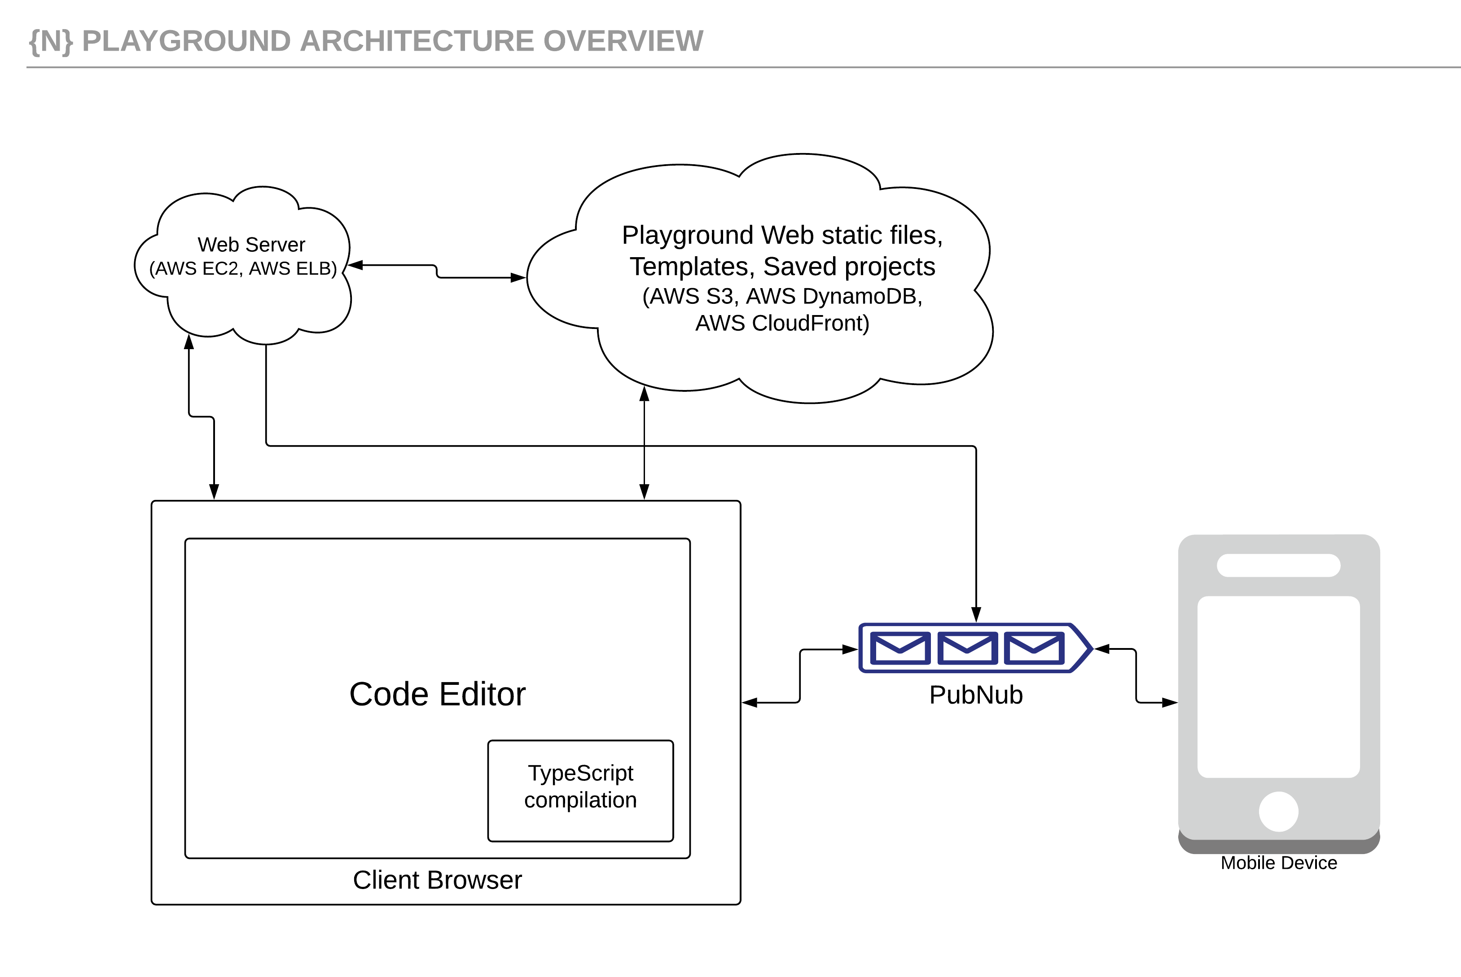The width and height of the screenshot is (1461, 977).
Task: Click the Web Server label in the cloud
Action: tap(251, 244)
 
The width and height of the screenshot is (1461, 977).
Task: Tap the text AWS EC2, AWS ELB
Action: tap(243, 268)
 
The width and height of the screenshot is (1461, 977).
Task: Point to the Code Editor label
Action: tap(437, 694)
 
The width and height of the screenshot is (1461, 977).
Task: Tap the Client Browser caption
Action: tap(437, 880)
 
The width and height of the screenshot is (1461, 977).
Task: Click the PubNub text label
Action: tap(976, 695)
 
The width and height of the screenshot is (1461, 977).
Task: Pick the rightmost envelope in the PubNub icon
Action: tap(1034, 648)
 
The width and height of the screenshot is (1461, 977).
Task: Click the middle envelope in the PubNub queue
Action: tap(967, 648)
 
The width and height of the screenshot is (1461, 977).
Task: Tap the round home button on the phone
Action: tap(1278, 811)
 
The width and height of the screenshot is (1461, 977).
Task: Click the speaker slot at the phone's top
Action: tap(1278, 565)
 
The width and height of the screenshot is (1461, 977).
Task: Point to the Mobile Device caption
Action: tap(1278, 863)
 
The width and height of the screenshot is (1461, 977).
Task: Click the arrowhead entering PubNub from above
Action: tap(976, 614)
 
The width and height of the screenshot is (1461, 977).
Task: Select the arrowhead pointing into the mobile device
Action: tap(1169, 703)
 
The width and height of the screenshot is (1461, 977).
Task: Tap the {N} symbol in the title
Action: tap(51, 41)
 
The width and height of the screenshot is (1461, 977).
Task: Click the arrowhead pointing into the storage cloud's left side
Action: tap(518, 278)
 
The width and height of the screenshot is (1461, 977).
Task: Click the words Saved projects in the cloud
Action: tap(849, 267)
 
